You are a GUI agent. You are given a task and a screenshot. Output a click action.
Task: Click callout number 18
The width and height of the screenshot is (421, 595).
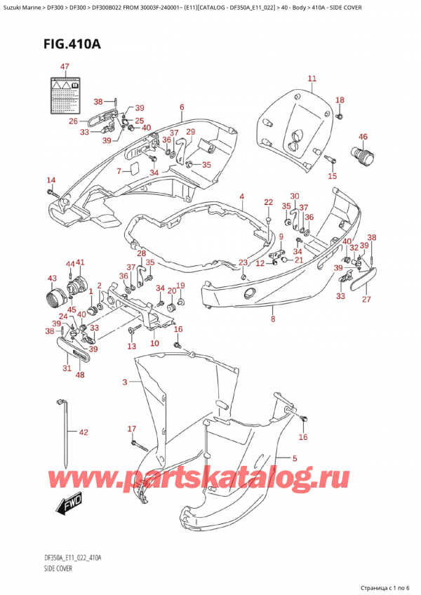coord(340,100)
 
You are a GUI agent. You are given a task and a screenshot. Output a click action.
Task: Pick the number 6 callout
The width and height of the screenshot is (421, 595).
coord(181,107)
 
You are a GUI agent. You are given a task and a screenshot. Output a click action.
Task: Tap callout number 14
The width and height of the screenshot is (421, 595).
coord(51,180)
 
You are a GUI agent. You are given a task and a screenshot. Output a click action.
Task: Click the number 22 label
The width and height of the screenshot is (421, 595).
coord(268,202)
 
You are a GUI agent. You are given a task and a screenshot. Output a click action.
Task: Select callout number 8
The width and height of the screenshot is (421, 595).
coord(273,319)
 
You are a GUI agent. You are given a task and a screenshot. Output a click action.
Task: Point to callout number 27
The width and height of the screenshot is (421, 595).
coord(365,300)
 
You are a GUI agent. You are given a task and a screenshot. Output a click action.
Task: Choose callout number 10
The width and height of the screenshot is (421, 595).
coord(154,343)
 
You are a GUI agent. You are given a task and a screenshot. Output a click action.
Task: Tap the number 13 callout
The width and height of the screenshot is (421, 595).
coord(131,347)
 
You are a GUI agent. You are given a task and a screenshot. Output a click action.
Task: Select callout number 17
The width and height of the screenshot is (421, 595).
coord(131,429)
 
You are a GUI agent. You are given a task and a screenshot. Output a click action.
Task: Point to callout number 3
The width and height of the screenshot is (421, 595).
coord(125,382)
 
